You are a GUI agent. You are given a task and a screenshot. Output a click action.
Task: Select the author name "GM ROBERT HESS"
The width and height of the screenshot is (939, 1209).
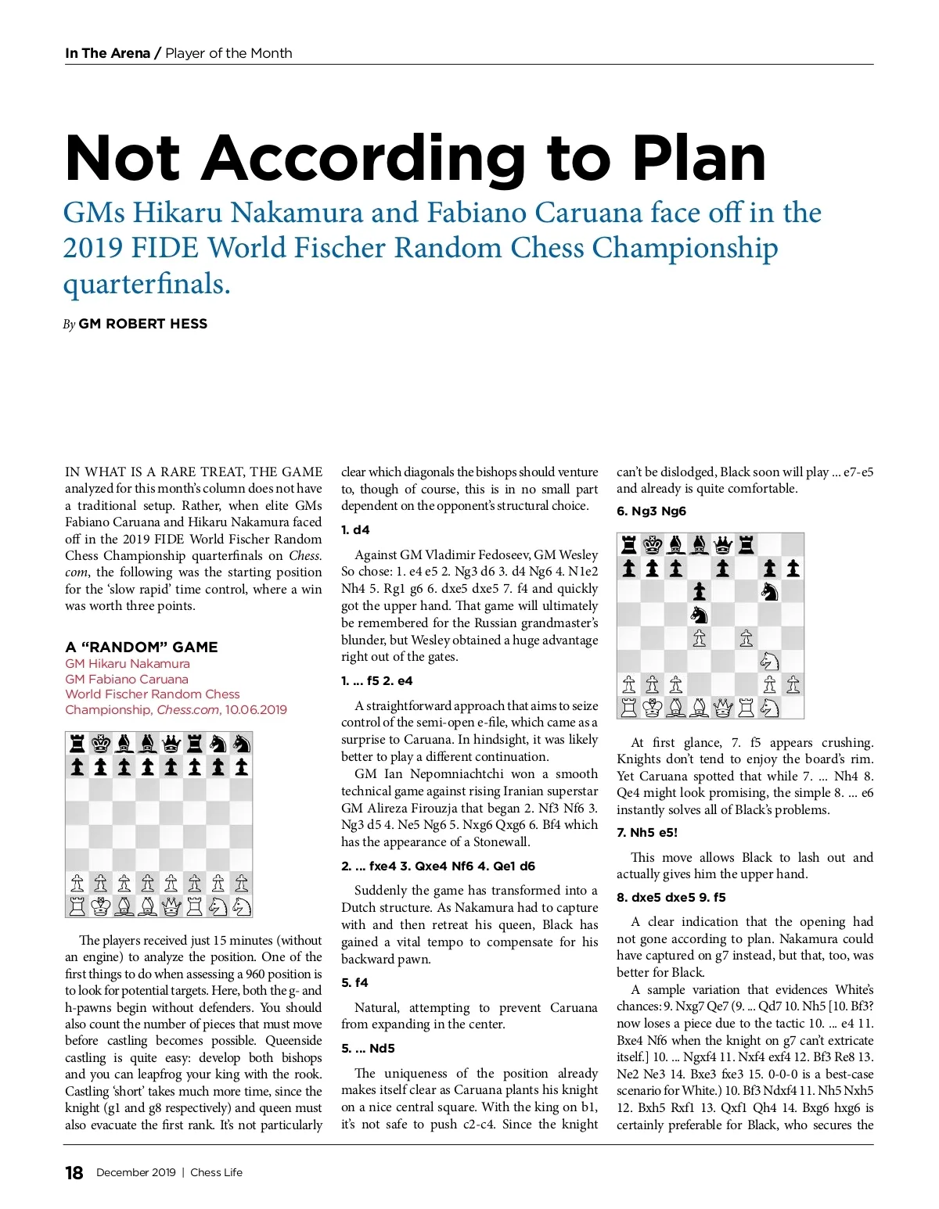[142, 324]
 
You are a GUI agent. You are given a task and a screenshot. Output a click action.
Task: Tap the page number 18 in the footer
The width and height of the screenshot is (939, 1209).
[74, 1172]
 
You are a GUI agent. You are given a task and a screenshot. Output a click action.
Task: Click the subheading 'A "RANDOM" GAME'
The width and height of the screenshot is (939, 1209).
[142, 647]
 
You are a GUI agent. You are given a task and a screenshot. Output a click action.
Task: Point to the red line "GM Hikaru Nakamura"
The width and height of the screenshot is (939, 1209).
[128, 663]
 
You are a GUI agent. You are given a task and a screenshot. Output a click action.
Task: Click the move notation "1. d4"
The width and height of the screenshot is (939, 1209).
[355, 529]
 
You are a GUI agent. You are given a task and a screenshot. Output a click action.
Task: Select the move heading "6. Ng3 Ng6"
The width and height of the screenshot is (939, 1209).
[651, 511]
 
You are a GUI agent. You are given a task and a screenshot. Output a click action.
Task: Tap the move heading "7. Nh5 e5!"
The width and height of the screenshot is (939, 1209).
[647, 832]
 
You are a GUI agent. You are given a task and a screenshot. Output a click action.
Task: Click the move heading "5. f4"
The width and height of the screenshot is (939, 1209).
[354, 982]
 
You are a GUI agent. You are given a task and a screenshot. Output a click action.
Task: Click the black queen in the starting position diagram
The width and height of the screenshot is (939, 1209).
[171, 743]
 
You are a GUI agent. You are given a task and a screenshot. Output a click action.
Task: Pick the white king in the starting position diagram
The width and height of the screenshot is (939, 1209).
[100, 906]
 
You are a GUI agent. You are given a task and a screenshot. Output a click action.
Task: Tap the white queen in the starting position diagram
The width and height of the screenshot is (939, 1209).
[171, 906]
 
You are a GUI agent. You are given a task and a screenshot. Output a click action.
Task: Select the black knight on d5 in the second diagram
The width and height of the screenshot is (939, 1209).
[699, 615]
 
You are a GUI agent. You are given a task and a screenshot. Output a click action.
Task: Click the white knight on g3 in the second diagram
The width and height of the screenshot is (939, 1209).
[769, 661]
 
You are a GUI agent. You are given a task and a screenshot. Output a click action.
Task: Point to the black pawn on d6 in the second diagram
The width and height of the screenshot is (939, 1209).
[699, 591]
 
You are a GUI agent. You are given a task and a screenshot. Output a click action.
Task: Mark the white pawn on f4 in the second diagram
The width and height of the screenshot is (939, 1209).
[746, 638]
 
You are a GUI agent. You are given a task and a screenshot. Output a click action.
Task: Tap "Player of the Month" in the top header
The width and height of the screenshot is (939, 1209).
[228, 53]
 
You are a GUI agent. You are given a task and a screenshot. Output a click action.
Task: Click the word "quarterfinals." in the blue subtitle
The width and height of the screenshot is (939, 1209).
[147, 284]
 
